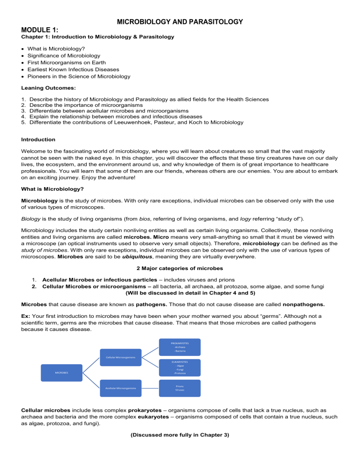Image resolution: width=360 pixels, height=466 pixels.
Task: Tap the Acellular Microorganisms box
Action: [120, 388]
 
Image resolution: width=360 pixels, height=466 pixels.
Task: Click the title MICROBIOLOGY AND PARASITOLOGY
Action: [180, 22]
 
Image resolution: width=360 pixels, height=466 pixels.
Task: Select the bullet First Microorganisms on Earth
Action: [67, 62]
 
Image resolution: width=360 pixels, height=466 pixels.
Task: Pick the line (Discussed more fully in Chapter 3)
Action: [180, 435]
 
